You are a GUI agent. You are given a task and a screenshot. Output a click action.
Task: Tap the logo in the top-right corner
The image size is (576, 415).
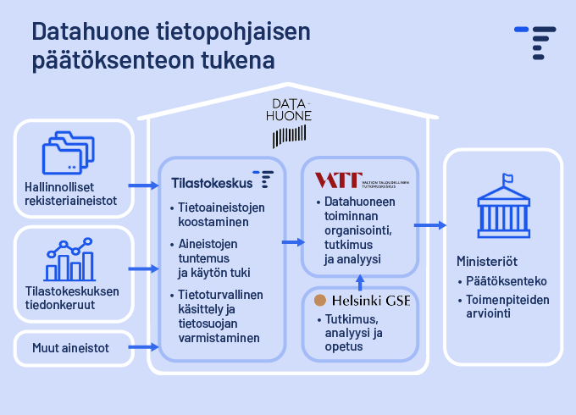point(535,42)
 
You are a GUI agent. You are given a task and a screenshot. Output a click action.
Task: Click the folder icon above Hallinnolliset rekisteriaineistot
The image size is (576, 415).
point(65,154)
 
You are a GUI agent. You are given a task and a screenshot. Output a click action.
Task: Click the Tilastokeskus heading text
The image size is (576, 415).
point(212,181)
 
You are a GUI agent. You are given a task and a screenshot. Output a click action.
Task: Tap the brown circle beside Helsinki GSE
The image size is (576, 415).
point(320,300)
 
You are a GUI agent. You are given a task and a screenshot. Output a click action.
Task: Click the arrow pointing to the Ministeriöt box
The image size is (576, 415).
point(430,225)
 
